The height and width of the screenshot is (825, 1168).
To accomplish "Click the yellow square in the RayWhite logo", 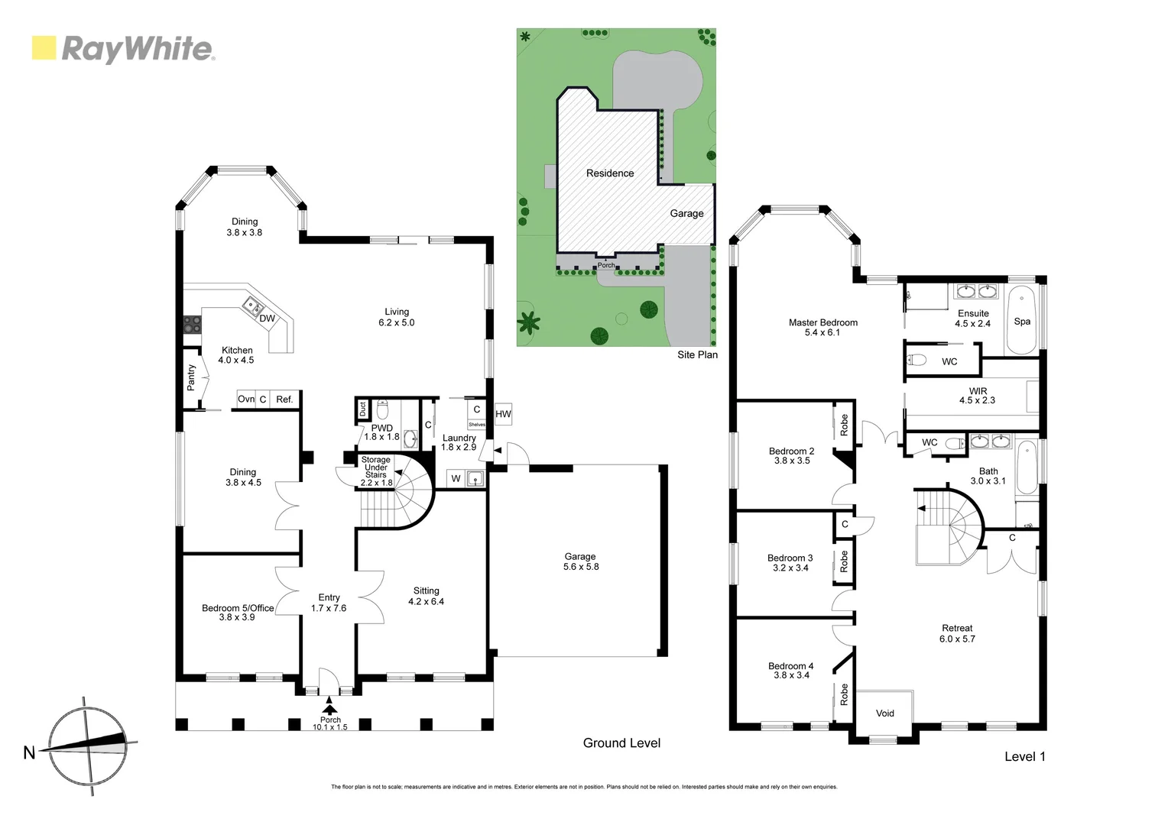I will click(44, 48).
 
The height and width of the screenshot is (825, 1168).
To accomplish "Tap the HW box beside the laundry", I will click(503, 414).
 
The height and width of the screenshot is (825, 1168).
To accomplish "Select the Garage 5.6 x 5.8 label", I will click(580, 561).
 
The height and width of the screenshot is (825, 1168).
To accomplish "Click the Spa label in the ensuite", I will click(1022, 322).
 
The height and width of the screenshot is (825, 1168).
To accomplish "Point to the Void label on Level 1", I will click(884, 713).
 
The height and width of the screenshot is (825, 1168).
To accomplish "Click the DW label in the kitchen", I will click(267, 319).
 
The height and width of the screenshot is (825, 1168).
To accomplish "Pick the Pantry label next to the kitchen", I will click(191, 377).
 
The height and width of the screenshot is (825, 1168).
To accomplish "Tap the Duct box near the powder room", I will click(362, 409).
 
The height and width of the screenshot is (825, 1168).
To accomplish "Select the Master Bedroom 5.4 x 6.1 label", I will click(822, 328).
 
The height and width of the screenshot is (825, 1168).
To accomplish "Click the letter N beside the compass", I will click(29, 753).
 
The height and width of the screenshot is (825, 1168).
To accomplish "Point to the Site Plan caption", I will click(697, 354).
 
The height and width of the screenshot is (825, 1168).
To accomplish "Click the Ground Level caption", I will click(621, 743).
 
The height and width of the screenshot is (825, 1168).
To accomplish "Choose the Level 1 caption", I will click(1024, 756).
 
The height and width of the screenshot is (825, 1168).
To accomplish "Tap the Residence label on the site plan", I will click(610, 173).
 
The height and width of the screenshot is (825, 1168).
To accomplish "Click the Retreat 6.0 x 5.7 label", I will click(957, 633).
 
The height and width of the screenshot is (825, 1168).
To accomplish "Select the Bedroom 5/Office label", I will click(237, 612).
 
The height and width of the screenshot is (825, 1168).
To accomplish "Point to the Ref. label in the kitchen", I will click(284, 400).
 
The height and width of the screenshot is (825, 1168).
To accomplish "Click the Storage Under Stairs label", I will click(375, 471).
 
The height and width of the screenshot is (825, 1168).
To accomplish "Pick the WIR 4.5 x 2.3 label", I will click(977, 395).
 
